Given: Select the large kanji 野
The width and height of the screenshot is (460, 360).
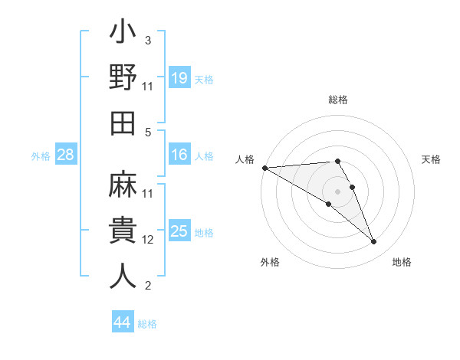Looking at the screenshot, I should click(123, 79).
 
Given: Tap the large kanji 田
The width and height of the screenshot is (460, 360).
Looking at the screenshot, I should click(123, 123).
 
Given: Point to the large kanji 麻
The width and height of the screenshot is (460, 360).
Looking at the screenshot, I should click(123, 186).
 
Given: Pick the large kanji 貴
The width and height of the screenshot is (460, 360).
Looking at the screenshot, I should click(123, 231).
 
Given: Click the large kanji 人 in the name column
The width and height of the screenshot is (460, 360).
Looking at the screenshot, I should click(123, 275).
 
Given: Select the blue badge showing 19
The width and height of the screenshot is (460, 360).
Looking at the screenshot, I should click(179, 78).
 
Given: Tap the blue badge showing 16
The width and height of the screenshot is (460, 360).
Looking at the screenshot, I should click(179, 155).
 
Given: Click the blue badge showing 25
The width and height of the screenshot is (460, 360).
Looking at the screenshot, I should click(179, 231).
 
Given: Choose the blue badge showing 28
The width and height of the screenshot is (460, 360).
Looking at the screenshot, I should click(66, 155).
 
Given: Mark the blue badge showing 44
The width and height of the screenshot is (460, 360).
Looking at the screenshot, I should click(122, 322).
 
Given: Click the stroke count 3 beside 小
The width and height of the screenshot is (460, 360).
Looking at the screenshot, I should click(147, 41).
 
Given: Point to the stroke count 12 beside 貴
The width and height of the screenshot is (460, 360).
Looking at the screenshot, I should click(148, 240).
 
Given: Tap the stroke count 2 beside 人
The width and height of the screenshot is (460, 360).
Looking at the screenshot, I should click(147, 286).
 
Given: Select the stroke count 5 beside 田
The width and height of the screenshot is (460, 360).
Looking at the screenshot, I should click(147, 133).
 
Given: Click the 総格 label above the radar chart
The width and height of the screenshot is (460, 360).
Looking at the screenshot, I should click(338, 100).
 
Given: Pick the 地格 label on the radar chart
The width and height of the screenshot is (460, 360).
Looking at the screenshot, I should click(402, 263).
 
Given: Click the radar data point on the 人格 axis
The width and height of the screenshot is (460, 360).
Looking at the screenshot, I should click(264, 168).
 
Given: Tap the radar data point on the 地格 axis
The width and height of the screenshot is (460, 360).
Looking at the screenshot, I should click(374, 242).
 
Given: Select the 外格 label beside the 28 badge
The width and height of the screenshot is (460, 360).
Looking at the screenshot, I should click(41, 156).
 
